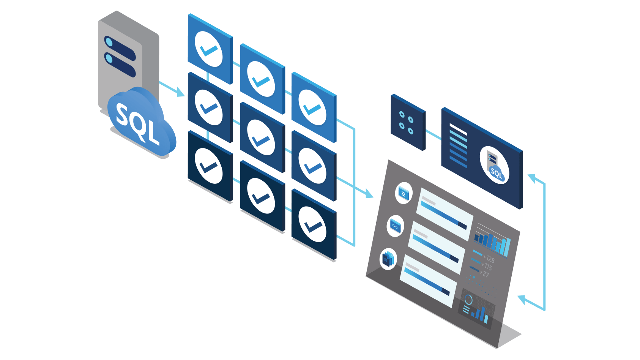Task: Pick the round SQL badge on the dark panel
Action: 494,165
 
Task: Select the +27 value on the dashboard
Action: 484,273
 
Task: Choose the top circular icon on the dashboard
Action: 404,193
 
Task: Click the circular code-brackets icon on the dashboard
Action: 396,226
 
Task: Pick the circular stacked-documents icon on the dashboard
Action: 388,259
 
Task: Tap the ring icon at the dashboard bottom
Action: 468,300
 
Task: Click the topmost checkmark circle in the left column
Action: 209,49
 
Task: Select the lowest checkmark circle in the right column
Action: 312,224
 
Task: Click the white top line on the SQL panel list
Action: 458,129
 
